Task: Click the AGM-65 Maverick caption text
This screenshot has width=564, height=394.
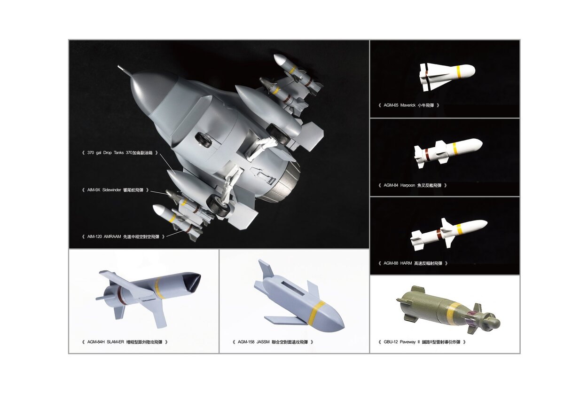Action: pyautogui.click(x=409, y=105)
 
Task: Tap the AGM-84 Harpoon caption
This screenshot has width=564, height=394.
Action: pyautogui.click(x=413, y=185)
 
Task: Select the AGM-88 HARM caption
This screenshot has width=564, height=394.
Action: pyautogui.click(x=413, y=263)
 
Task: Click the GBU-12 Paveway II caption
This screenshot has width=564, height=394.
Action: pyautogui.click(x=422, y=342)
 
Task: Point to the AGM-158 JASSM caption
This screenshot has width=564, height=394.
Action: pyautogui.click(x=273, y=342)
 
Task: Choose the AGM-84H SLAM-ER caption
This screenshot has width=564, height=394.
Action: pyautogui.click(x=125, y=342)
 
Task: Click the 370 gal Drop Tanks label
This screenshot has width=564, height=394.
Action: pyautogui.click(x=120, y=153)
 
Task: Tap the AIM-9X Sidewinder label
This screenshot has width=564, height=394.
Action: pyautogui.click(x=115, y=190)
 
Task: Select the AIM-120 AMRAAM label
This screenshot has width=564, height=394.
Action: pyautogui.click(x=123, y=237)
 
